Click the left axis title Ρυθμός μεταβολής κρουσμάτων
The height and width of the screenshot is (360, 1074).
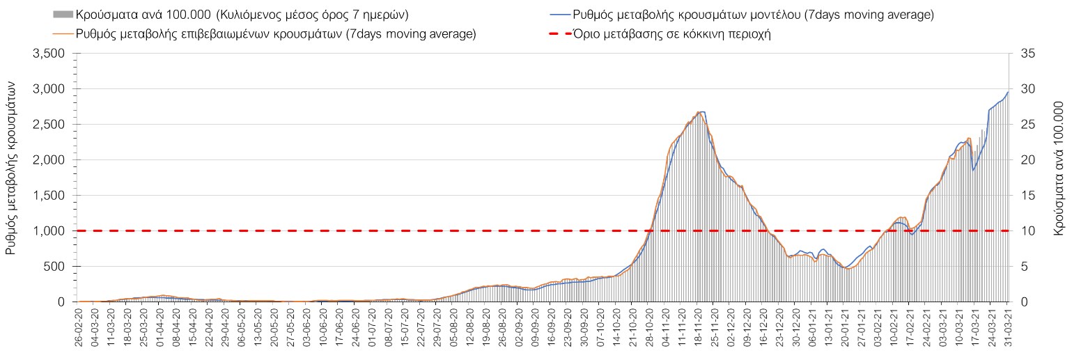[x=12, y=177]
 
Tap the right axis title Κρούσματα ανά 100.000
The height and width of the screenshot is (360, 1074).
[x=1059, y=177]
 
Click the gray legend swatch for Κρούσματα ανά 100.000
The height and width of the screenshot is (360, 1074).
[x=62, y=15]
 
